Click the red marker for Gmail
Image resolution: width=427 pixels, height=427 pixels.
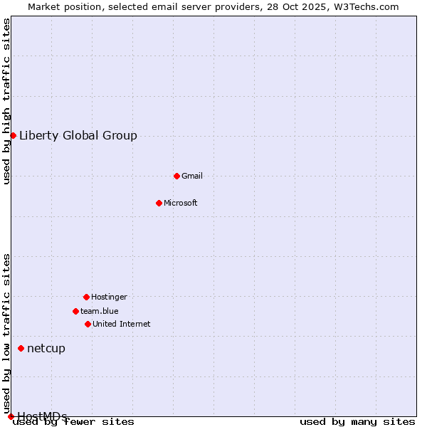tap(176, 176)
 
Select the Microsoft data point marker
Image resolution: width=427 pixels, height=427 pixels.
tap(159, 203)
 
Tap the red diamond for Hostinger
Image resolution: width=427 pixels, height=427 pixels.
tap(86, 297)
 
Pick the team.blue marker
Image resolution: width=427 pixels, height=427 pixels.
tap(75, 311)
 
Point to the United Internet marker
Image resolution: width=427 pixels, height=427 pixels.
tap(88, 324)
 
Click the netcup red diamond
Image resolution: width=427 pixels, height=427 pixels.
tap(21, 348)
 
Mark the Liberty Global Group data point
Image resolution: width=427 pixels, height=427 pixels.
tap(13, 135)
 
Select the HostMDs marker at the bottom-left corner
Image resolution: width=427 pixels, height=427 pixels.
tap(11, 416)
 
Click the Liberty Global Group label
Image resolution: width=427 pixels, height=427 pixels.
tap(78, 136)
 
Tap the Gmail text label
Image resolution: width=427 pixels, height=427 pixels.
tap(192, 176)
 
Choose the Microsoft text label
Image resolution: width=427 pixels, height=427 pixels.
tap(181, 203)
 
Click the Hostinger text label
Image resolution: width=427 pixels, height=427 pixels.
tap(109, 297)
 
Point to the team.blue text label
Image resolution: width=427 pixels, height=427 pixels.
tap(100, 311)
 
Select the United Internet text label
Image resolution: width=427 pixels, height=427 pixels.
tap(122, 324)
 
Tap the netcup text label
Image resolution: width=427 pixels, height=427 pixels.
tap(46, 348)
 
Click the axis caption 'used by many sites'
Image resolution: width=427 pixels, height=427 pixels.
tap(357, 422)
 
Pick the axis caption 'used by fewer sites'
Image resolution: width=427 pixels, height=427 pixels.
tap(74, 422)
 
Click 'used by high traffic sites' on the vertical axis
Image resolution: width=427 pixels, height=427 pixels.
tap(6, 101)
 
